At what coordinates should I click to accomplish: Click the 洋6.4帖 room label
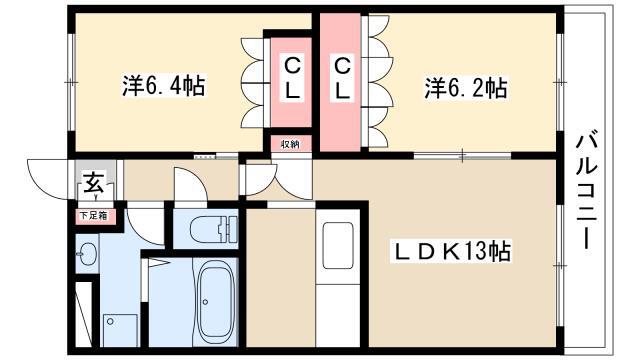point(163,85)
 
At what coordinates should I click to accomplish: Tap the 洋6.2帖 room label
point(466,87)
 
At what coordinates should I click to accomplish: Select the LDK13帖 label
point(451,251)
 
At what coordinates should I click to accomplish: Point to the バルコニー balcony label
point(587,190)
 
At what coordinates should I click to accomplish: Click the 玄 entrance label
point(94,182)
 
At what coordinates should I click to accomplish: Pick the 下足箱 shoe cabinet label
point(93,216)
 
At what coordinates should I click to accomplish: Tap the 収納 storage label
point(291,144)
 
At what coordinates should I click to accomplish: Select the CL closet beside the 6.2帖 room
point(340,82)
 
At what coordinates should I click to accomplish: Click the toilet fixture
point(213,229)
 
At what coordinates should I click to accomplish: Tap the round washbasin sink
point(88,253)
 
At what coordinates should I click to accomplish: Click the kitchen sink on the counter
point(338,246)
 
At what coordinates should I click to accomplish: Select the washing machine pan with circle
point(120,330)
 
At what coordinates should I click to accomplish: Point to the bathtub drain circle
point(205,302)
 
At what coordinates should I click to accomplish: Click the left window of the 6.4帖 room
point(71,82)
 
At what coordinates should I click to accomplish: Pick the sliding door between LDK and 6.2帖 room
point(462,155)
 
